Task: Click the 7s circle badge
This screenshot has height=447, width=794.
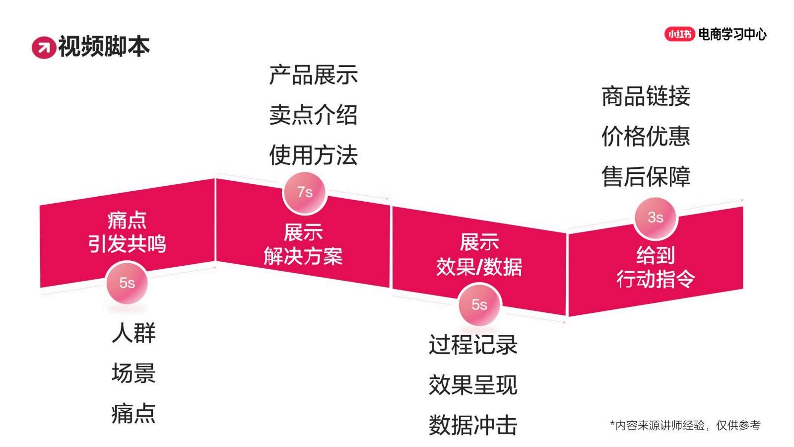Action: pos(305,193)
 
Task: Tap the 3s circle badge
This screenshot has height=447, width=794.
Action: pos(656,218)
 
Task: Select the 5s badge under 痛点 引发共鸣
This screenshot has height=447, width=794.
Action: pos(127,283)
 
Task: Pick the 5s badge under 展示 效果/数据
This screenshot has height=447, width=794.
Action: pos(479,304)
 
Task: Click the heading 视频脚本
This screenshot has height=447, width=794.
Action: pos(104,47)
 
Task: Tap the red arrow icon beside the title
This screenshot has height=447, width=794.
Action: pos(44,48)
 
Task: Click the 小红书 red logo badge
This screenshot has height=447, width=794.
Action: pos(679,34)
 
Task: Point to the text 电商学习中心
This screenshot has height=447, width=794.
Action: pos(732,34)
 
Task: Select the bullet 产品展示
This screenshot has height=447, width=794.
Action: pos(313,75)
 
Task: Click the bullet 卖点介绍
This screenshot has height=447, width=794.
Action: pos(313,115)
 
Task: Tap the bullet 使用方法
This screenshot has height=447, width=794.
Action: pos(313,155)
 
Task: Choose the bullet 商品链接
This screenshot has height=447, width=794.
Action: pos(646,96)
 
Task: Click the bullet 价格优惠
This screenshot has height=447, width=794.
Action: pos(646,136)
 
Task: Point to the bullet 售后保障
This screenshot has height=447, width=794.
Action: pos(646,176)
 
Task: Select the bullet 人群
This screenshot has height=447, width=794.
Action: pos(133,333)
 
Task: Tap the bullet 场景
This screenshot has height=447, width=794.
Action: pos(133,373)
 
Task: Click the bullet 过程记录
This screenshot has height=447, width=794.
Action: pos(473,345)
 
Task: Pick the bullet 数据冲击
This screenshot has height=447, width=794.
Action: pos(473,425)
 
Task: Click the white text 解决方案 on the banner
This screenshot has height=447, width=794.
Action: pos(303,256)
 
